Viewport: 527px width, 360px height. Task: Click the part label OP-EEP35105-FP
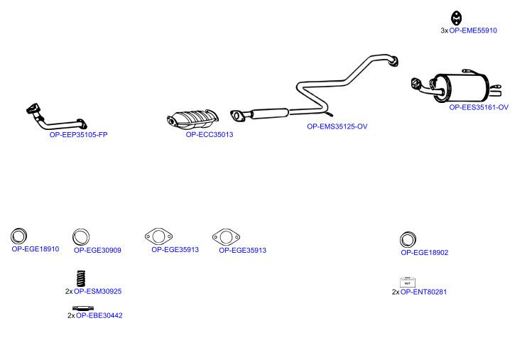coord(78,135)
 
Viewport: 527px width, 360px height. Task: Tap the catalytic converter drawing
coord(192,119)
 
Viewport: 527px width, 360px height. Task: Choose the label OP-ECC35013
coord(210,134)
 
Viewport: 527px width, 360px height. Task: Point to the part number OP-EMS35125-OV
coord(337,126)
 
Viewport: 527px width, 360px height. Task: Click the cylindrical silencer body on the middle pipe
coord(270,114)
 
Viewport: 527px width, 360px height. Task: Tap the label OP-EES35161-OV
coord(479,107)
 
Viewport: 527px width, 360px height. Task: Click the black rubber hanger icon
coord(456,18)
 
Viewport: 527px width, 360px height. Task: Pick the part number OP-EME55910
coord(473,31)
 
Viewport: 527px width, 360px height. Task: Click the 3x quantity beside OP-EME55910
coord(445,31)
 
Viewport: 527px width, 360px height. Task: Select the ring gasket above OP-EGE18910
coord(18,236)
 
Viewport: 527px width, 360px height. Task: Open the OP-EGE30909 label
coord(97,250)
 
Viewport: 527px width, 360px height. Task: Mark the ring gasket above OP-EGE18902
coord(408,240)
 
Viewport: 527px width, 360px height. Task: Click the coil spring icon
coord(81,279)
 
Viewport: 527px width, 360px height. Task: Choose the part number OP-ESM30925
coord(98,291)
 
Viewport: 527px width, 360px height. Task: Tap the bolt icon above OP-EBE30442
coord(83,308)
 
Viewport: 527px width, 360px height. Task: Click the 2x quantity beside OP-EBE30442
coord(71,316)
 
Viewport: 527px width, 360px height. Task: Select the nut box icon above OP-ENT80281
coord(408,283)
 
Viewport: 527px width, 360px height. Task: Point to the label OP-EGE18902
coord(425,253)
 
